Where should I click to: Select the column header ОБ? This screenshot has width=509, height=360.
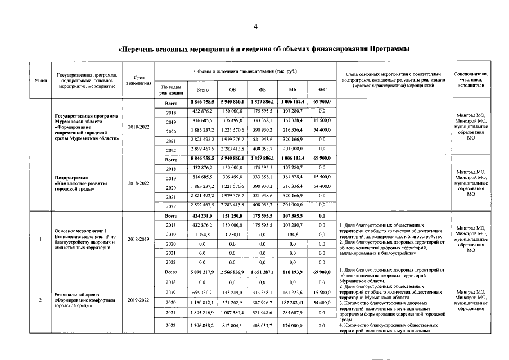coord(232,89)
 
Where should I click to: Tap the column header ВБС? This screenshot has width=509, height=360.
coord(322,89)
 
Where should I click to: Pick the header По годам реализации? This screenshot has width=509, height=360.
coord(170,89)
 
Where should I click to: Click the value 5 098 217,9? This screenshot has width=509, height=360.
coord(202,272)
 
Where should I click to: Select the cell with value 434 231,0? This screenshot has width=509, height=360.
coord(202,215)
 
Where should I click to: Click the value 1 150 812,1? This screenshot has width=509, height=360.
coord(202,302)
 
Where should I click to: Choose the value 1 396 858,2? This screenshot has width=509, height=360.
coord(202,326)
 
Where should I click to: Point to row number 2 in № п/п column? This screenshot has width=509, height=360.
coord(40,300)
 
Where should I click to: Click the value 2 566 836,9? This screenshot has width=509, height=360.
coord(232,272)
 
